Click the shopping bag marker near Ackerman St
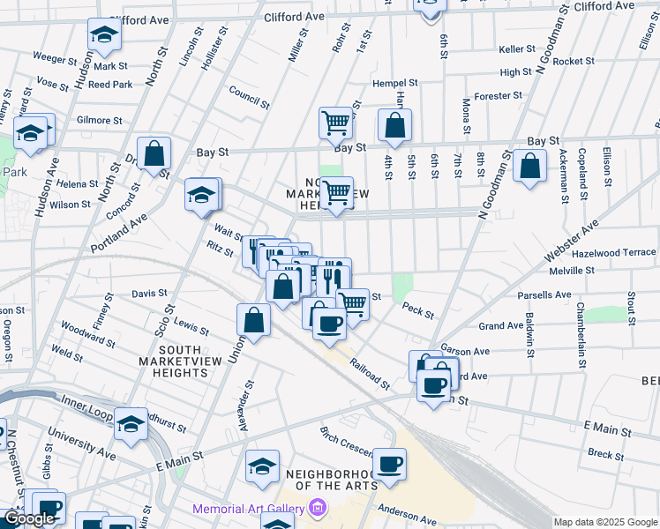[x=529, y=168]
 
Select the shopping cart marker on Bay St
[x=335, y=124]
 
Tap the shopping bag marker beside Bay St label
[x=394, y=126]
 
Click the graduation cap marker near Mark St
[x=104, y=37]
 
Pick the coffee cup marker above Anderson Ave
[x=389, y=465]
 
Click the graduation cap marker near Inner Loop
[x=131, y=427]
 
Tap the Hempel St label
[x=394, y=82]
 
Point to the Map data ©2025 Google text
[x=604, y=522]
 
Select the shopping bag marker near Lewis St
[x=253, y=321]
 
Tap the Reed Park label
[x=110, y=85]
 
